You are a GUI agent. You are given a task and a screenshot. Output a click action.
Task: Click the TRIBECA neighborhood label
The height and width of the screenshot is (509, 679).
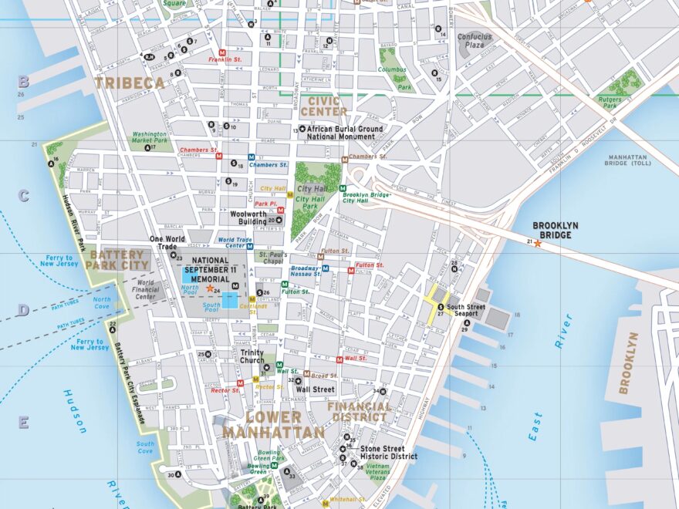click(130, 83)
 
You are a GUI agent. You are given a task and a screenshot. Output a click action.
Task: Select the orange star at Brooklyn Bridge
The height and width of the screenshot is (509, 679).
click(538, 243)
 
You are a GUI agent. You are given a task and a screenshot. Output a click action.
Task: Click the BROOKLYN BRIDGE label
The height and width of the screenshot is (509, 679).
click(556, 230)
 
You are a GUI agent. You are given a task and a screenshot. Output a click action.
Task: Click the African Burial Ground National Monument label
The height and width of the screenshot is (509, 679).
click(345, 133)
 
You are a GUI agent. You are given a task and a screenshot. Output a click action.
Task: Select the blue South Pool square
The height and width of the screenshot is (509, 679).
click(230, 300)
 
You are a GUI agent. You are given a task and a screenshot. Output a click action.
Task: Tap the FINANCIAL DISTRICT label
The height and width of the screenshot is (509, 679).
click(359, 411)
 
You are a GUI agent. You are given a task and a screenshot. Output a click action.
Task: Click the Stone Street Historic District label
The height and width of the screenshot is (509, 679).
click(389, 452)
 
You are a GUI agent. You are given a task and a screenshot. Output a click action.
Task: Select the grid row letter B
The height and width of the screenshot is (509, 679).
click(23, 81)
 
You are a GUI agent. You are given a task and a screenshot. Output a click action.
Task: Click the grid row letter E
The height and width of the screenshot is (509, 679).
click(23, 422)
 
